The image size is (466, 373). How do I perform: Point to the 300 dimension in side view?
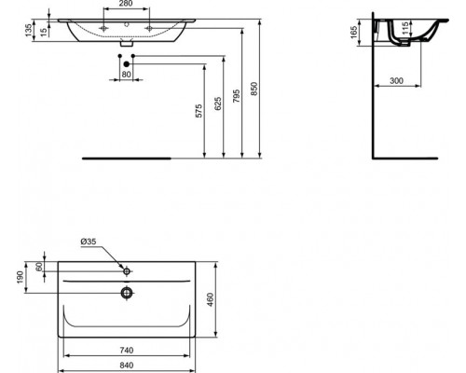[395, 81]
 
